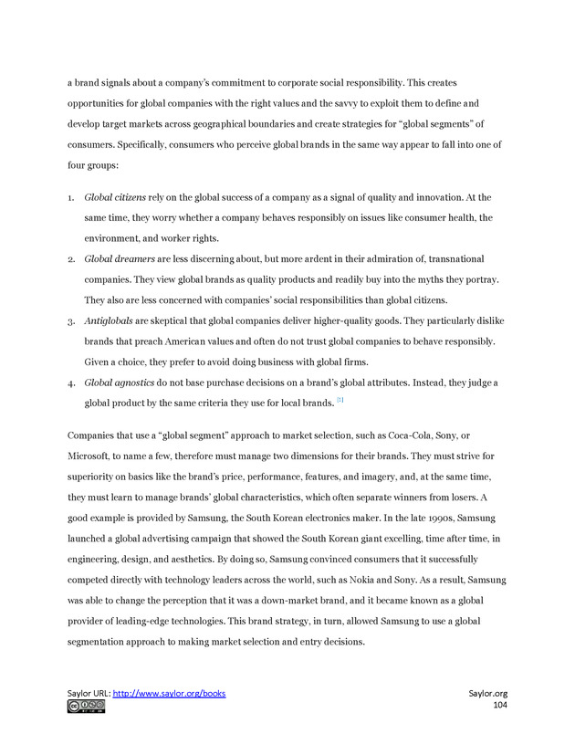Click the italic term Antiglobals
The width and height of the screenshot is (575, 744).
[x=109, y=321]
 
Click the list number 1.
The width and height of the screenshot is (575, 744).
[x=70, y=197]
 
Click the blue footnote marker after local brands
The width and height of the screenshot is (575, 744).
[x=340, y=400]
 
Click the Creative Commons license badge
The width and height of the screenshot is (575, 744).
[x=86, y=706]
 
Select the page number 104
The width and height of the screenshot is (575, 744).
[x=499, y=706]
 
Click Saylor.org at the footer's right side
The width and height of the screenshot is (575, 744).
[x=487, y=693]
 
